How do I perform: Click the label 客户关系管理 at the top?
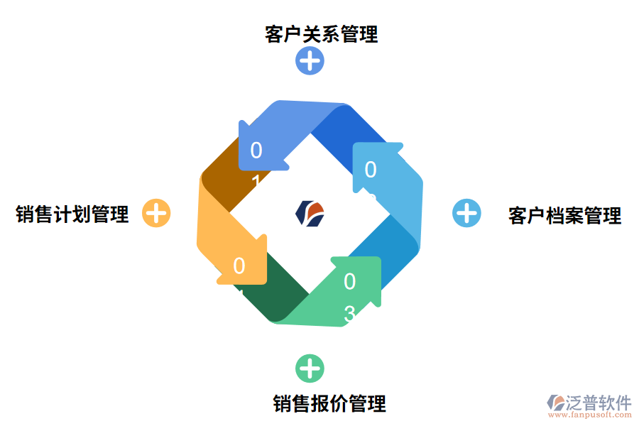(321, 34)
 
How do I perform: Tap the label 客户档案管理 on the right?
(564, 215)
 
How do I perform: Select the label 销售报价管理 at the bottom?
(329, 403)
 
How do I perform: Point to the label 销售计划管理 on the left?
(72, 214)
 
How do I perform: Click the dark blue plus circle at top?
(310, 61)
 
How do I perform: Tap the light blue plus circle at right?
(466, 213)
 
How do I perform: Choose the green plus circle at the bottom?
(310, 368)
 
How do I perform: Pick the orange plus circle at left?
(156, 213)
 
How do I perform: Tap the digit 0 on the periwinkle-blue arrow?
(256, 151)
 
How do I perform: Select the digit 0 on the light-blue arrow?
(370, 169)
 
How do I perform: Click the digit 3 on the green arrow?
(349, 312)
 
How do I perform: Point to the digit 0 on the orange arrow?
(239, 266)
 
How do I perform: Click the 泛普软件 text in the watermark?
(599, 403)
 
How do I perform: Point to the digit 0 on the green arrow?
(349, 282)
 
